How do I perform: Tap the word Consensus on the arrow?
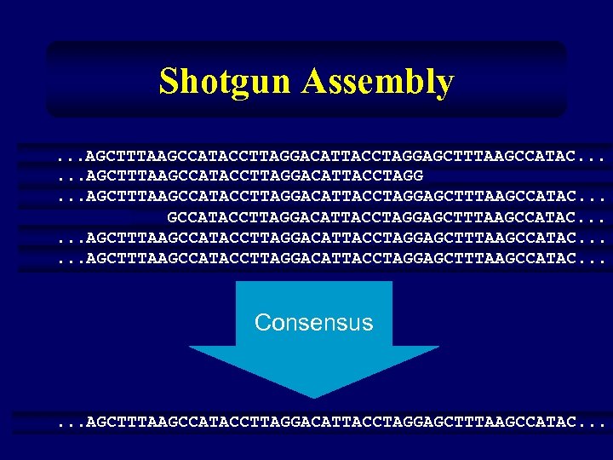313,323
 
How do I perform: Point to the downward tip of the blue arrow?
313,394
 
